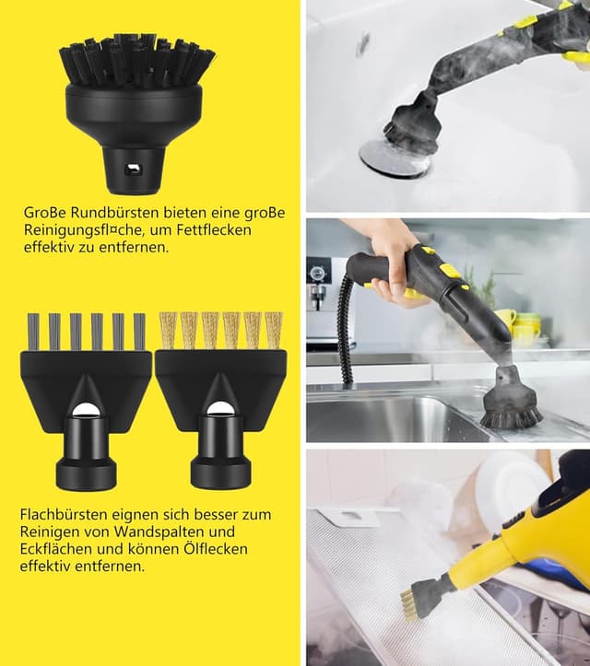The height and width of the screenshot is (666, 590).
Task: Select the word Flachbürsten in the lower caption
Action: pyautogui.click(x=64, y=514)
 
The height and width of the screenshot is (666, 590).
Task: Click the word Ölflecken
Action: pyautogui.click(x=216, y=549)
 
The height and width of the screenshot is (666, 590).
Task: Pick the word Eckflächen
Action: pyautogui.click(x=56, y=549)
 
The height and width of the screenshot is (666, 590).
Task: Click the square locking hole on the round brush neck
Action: pyautogui.click(x=132, y=169)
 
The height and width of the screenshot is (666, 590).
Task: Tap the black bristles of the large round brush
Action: pyautogui.click(x=137, y=60)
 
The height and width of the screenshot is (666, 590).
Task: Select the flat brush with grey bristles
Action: pyautogui.click(x=87, y=400)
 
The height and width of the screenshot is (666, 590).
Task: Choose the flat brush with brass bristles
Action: pyautogui.click(x=221, y=400)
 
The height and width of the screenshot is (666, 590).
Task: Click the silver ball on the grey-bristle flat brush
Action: pyautogui.click(x=85, y=410)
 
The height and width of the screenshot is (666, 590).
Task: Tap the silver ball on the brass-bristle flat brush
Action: pyautogui.click(x=219, y=409)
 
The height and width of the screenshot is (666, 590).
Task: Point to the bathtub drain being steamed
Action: pyautogui.click(x=394, y=158)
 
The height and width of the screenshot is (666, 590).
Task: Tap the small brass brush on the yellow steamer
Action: pyautogui.click(x=409, y=604)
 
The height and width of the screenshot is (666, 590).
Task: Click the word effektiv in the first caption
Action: pyautogui.click(x=48, y=247)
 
